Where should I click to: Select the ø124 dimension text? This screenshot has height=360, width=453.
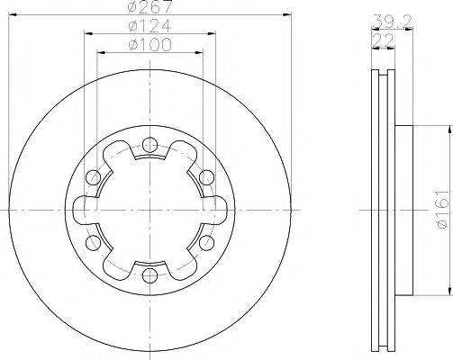pos(143,26)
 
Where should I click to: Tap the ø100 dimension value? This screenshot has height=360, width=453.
pos(143,44)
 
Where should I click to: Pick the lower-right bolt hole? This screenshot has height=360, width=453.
pos(204,243)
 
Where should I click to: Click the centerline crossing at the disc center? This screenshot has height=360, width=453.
pos(144,209)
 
